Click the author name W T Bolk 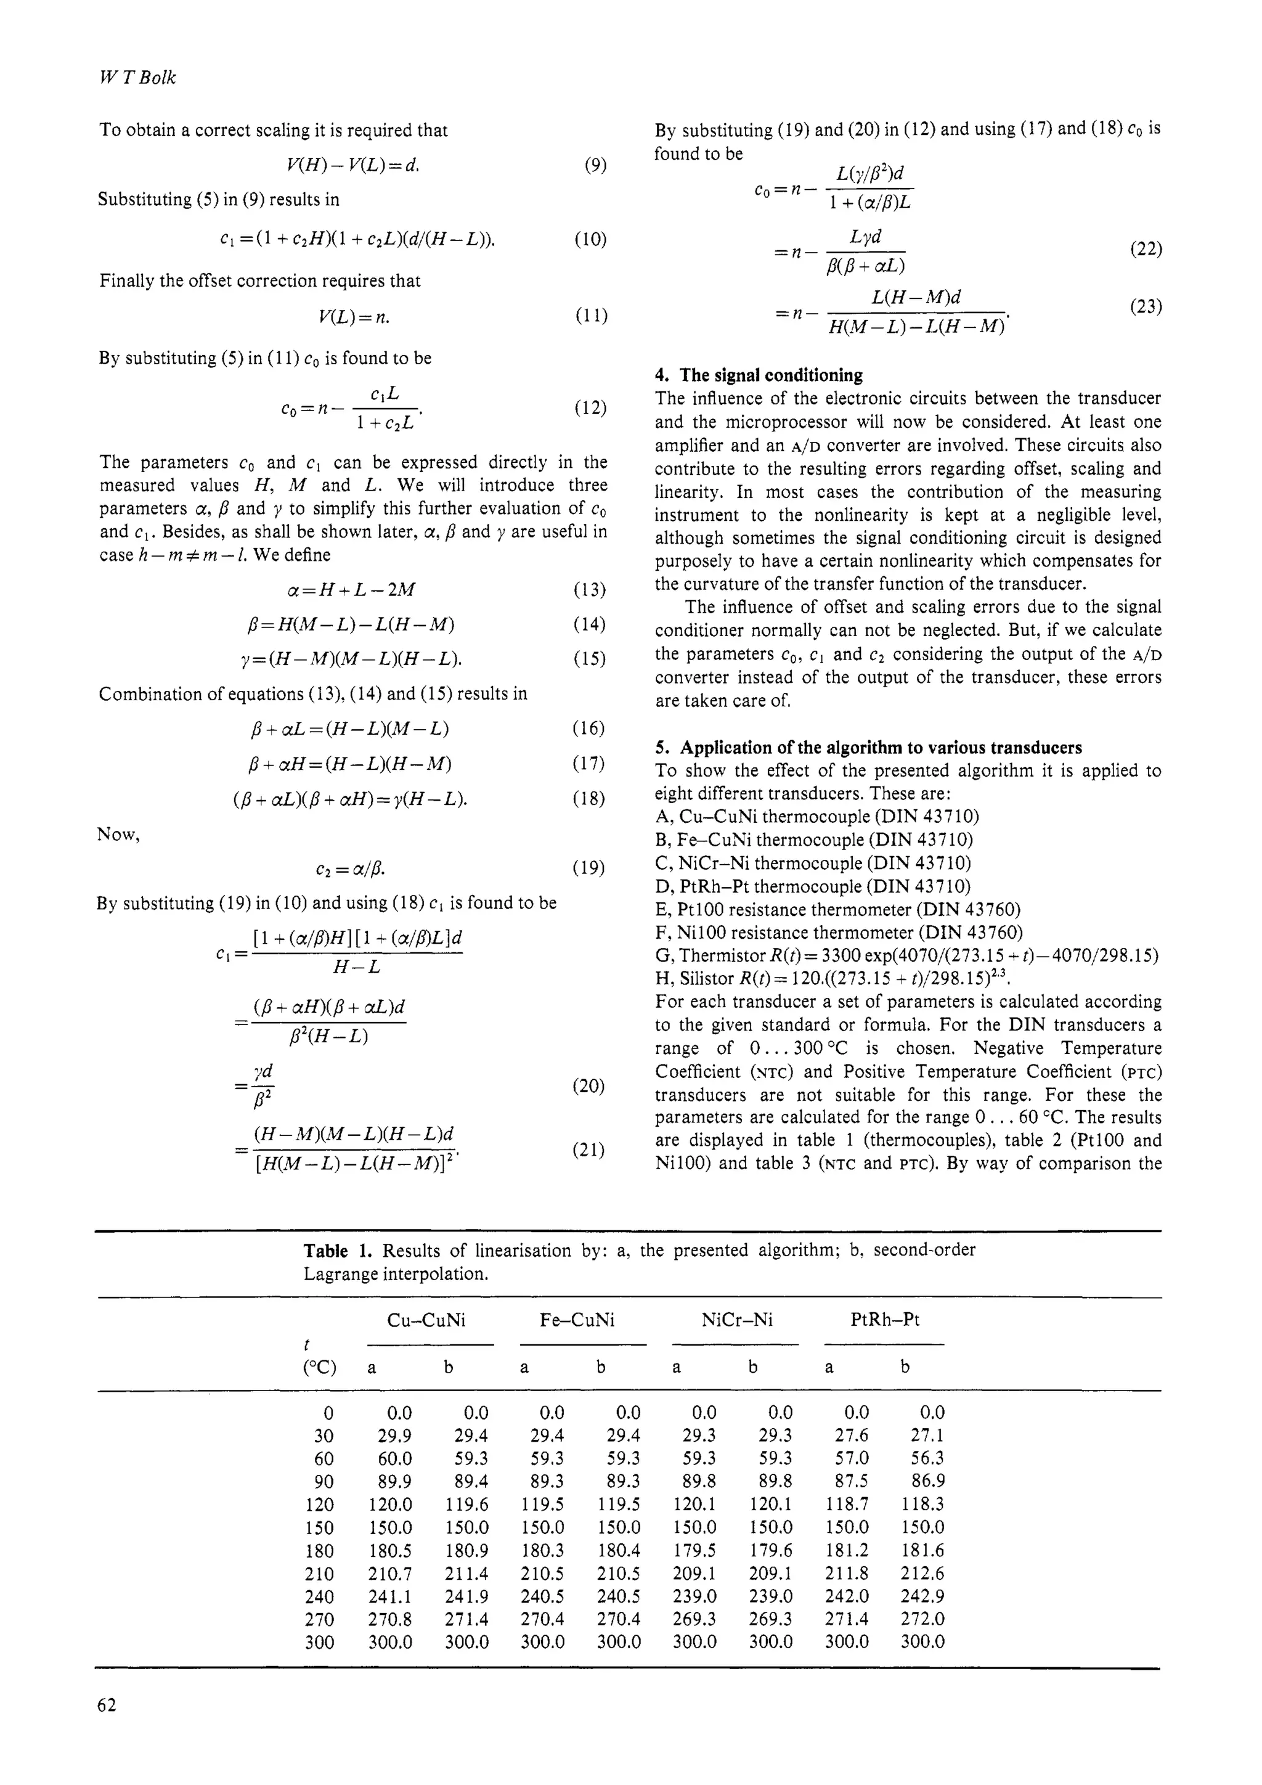[137, 78]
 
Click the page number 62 [107, 1705]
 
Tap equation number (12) [590, 408]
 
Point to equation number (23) [1146, 306]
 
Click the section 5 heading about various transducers [868, 748]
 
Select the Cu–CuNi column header [426, 1319]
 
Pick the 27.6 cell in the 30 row [852, 1435]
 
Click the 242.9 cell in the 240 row [922, 1596]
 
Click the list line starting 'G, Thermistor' [907, 955]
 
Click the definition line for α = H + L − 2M [351, 590]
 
